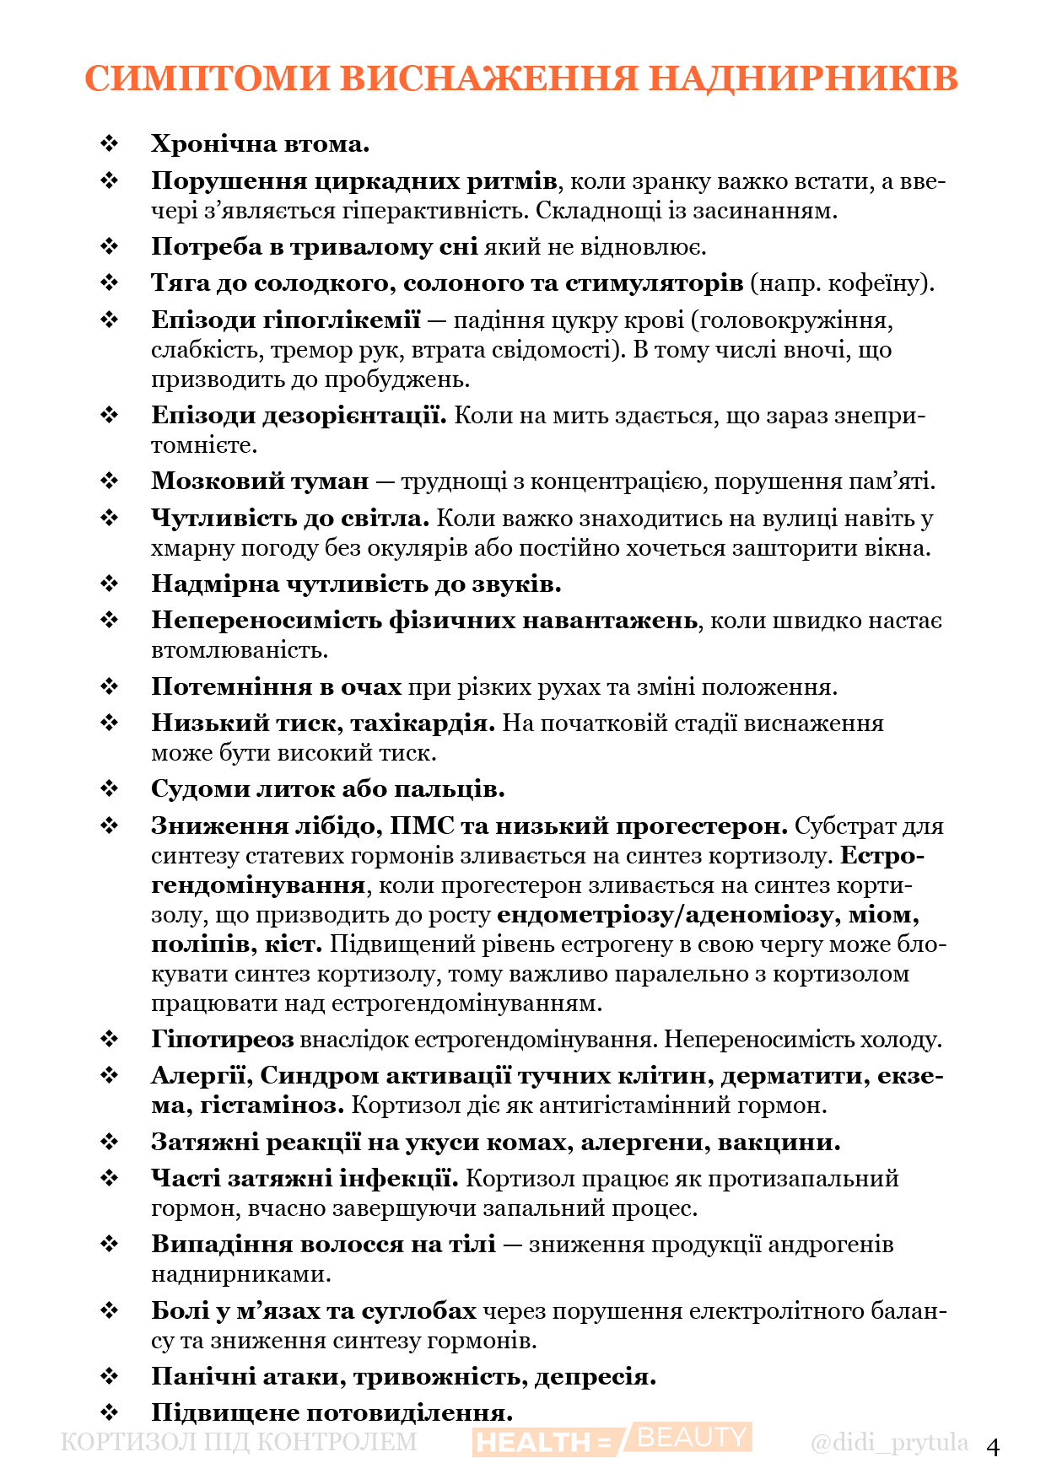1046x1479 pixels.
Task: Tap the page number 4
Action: (x=993, y=1447)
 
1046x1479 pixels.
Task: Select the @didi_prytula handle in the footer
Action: (x=889, y=1442)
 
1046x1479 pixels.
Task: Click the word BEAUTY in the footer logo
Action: (x=692, y=1437)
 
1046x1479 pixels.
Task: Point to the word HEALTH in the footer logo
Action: (x=534, y=1443)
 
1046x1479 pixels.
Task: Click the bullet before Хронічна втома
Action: (x=110, y=144)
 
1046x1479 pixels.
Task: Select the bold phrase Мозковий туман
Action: (x=260, y=481)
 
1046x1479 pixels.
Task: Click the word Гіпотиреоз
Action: (x=223, y=1040)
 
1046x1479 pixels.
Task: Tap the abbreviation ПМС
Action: (x=422, y=826)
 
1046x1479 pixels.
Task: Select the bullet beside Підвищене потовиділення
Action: (x=110, y=1412)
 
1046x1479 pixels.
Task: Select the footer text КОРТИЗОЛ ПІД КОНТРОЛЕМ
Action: (x=239, y=1442)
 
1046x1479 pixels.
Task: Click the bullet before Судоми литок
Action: (x=110, y=789)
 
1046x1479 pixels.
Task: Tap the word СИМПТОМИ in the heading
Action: (x=208, y=78)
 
